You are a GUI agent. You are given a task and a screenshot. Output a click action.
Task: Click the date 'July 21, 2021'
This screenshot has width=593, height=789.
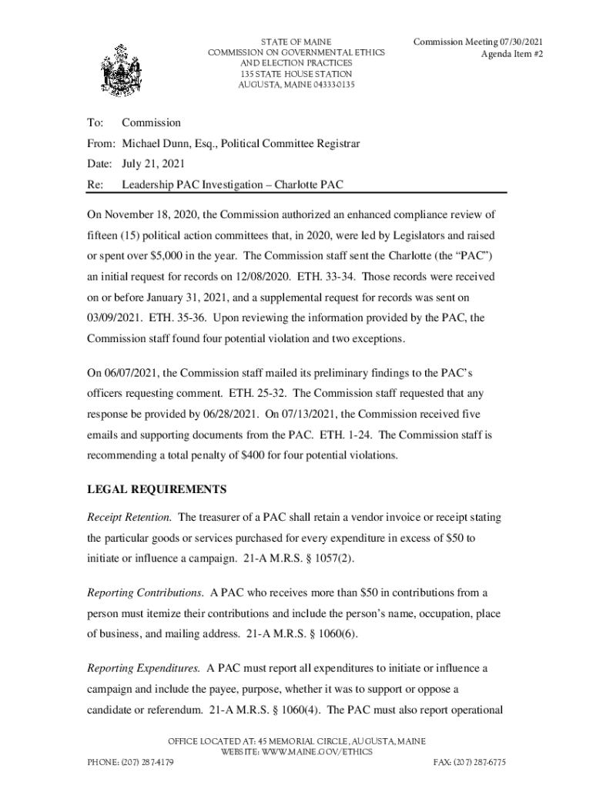[x=153, y=164]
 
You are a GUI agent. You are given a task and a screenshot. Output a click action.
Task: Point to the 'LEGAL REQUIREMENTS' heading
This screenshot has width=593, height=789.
[x=156, y=489]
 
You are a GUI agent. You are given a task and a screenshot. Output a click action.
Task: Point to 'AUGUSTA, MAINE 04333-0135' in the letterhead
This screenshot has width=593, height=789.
[x=296, y=85]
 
